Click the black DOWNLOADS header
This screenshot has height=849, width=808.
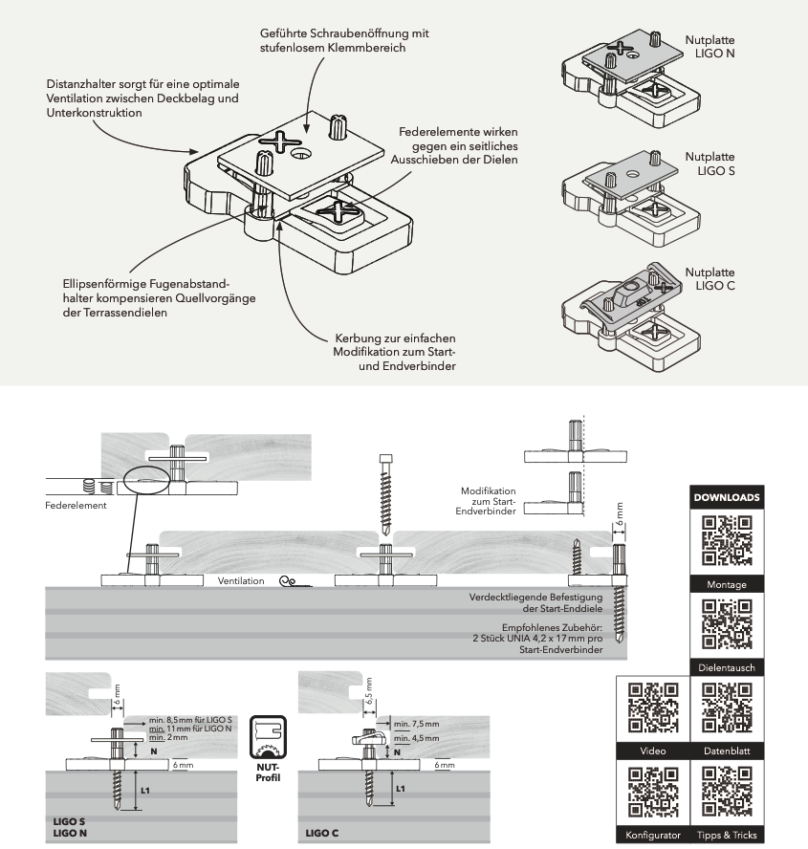[726, 498]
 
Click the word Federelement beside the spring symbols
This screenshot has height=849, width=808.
[76, 505]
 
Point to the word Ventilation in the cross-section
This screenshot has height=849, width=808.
[241, 580]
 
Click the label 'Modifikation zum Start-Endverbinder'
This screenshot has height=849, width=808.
[491, 501]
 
